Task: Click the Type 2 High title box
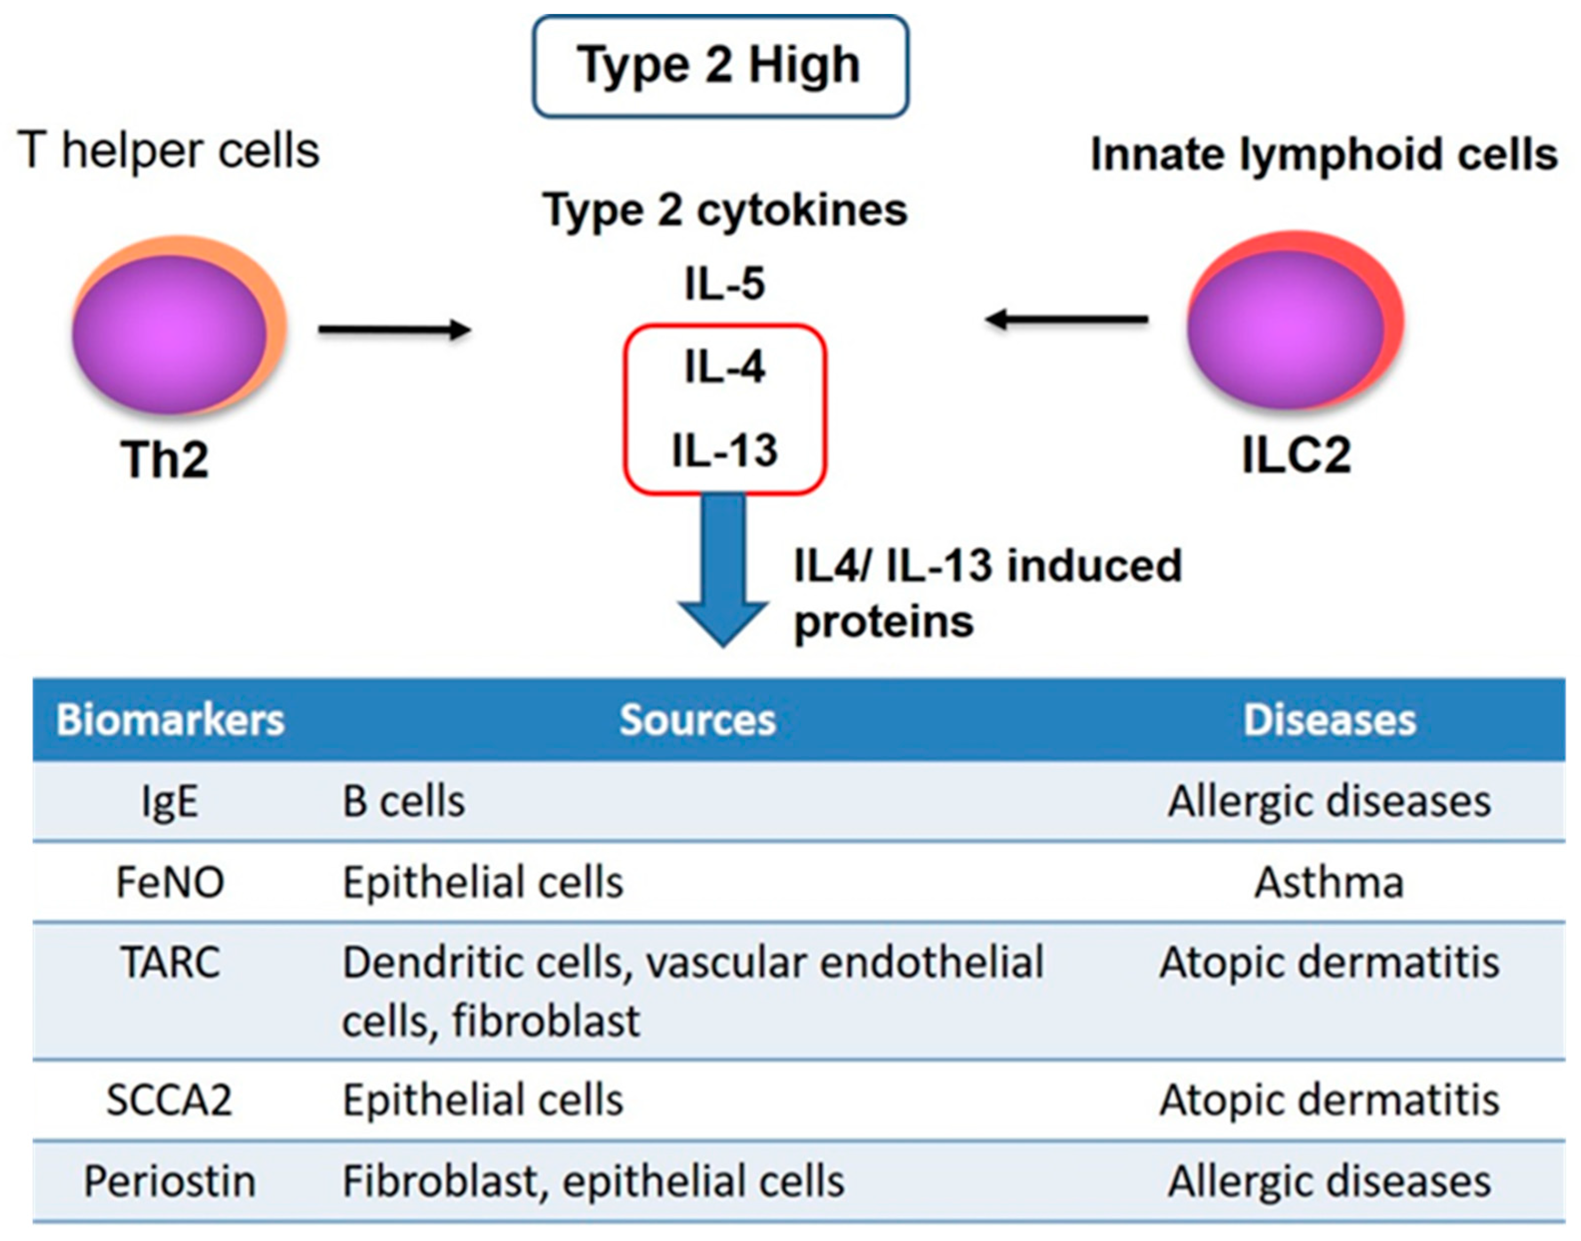pos(719,66)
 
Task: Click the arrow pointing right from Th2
pos(394,329)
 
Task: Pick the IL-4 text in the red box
pos(724,367)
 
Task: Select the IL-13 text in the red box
pos(724,450)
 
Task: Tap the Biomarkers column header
pos(170,720)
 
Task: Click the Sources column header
pos(697,720)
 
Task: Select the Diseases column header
pos(1329,720)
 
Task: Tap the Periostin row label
pos(170,1181)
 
